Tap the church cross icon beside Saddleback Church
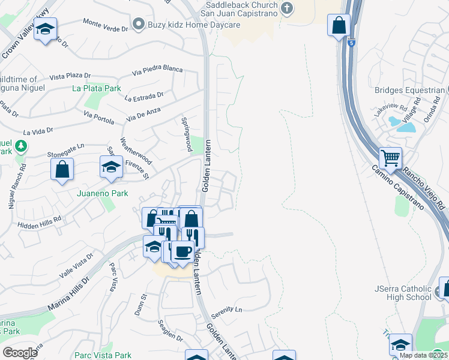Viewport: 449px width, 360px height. pos(287,8)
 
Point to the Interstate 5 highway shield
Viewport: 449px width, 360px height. pos(350,42)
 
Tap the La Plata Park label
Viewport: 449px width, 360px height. pos(96,88)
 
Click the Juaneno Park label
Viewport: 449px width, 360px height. pos(103,194)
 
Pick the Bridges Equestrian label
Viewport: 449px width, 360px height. pos(408,91)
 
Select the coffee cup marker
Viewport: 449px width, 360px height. pos(182,251)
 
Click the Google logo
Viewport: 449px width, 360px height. pos(20,352)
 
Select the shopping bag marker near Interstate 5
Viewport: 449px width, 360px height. pos(339,26)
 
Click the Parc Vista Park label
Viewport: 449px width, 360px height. pos(102,355)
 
